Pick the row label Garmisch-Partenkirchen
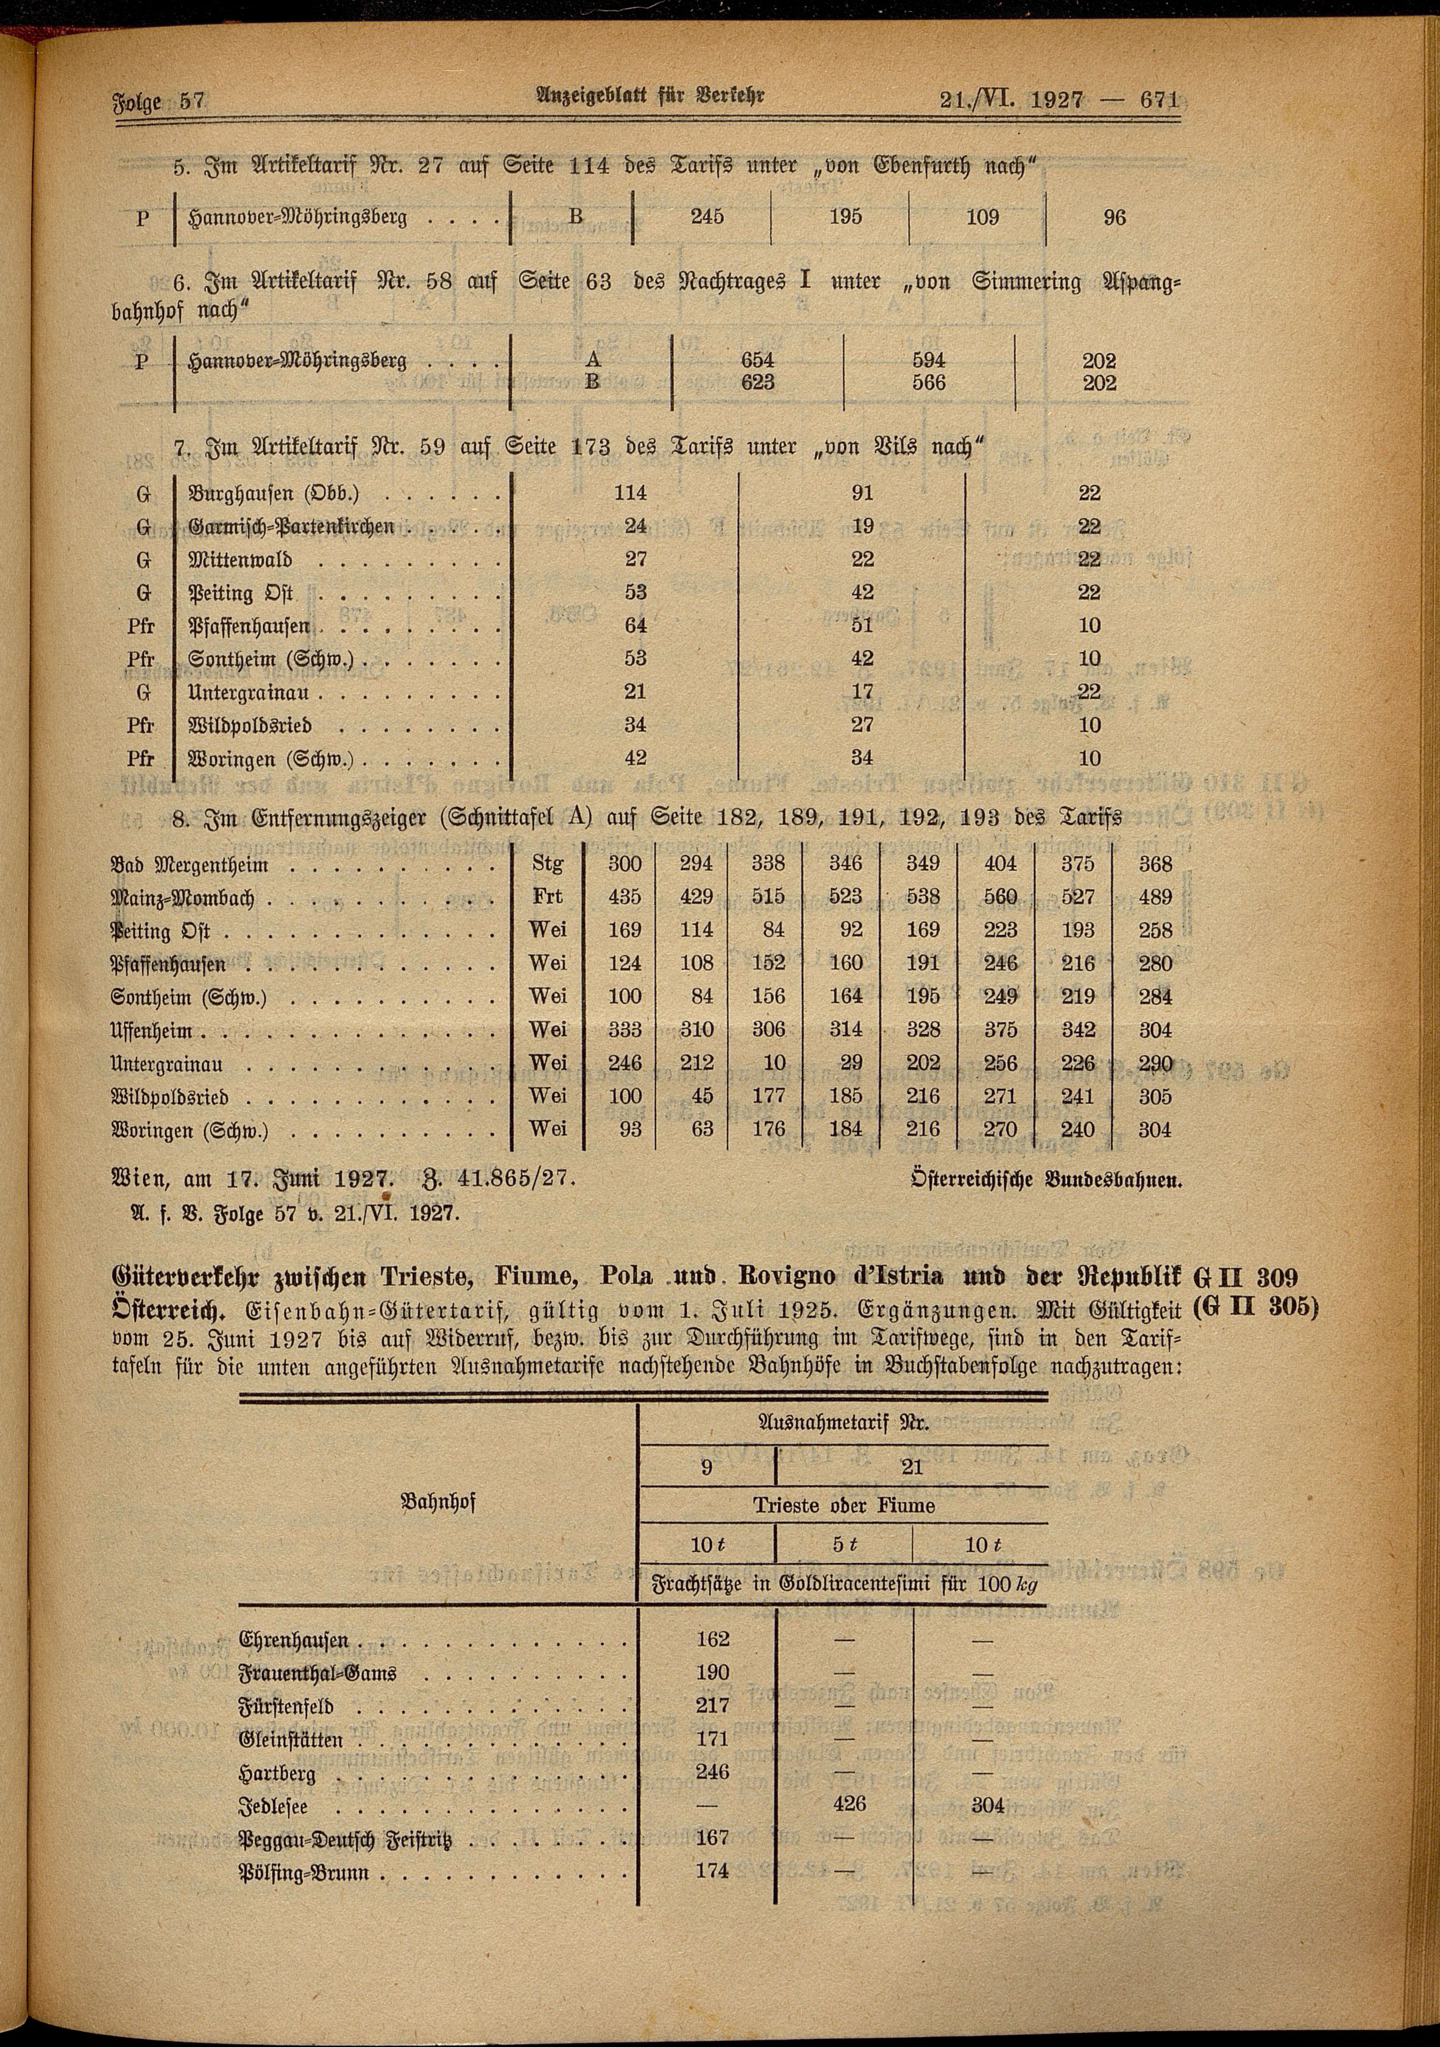(291, 526)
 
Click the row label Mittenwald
(240, 560)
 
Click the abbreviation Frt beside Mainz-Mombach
(547, 897)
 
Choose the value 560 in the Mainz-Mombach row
(1001, 898)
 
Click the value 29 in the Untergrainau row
(851, 1063)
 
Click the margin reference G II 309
(1255, 1277)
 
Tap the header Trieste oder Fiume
(843, 1506)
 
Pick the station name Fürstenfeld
(286, 1706)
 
